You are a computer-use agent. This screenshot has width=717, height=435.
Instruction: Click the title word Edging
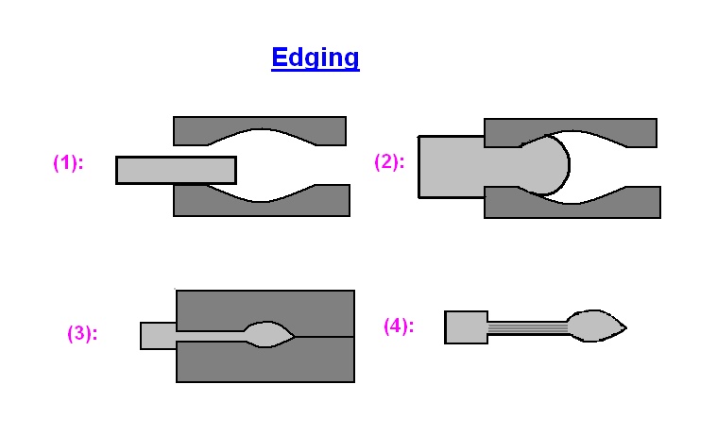click(x=315, y=58)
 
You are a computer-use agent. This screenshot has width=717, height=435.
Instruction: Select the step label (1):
click(x=68, y=162)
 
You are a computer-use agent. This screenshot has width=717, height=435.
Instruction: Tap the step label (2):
click(x=389, y=161)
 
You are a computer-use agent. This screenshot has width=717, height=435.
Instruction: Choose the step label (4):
click(x=399, y=326)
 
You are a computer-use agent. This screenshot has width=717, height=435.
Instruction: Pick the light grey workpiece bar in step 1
click(x=176, y=170)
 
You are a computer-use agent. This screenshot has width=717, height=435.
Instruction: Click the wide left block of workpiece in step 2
click(x=451, y=167)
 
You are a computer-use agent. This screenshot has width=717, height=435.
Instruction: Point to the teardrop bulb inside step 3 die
click(x=268, y=332)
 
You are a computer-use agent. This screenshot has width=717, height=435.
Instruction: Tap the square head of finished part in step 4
click(x=466, y=326)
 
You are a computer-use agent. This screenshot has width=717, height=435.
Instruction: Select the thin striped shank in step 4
click(x=527, y=326)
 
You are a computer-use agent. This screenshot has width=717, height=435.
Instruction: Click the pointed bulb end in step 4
click(x=596, y=326)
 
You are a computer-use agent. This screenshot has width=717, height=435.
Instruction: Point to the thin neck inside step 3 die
click(x=213, y=334)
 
